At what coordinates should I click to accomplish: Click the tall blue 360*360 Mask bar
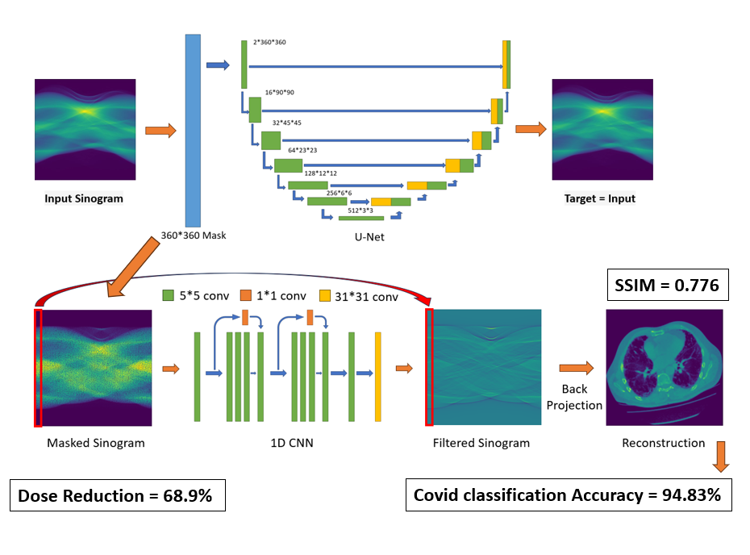pos(193,129)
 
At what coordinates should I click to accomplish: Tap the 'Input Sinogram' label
pos(84,198)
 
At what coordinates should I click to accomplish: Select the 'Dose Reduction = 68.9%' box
pos(117,495)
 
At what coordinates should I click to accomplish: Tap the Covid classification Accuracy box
pos(568,495)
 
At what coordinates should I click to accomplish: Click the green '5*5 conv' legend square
pos(169,296)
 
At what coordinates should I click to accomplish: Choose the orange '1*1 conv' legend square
pos(248,296)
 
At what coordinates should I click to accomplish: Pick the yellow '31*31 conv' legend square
pos(326,296)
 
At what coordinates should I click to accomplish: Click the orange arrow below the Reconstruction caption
pos(721,456)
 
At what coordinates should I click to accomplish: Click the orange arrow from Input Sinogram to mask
pos(160,131)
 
